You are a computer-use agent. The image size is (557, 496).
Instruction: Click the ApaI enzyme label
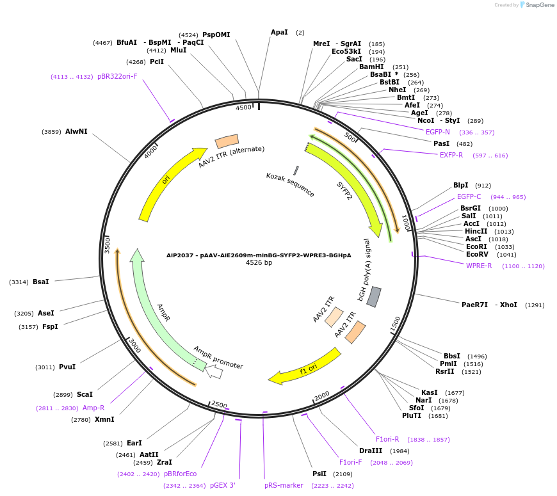[279, 32]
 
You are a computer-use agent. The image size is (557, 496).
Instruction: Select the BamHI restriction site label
[371, 67]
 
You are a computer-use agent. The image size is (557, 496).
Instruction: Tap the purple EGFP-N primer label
[438, 132]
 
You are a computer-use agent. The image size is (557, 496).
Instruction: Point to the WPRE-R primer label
[479, 266]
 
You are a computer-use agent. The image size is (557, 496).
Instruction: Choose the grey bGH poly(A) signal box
[374, 296]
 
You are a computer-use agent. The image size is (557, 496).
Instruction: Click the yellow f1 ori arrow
[305, 366]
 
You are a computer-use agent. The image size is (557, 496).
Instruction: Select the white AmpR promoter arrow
[214, 371]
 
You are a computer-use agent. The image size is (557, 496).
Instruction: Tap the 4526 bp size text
[259, 262]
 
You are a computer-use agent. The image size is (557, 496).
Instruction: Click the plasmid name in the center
[259, 255]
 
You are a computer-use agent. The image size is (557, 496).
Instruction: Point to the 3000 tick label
[134, 346]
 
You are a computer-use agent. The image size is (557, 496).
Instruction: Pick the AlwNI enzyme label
[76, 131]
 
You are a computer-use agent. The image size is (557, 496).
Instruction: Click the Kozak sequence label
[290, 184]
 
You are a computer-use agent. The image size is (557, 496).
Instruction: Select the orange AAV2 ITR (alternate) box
[227, 141]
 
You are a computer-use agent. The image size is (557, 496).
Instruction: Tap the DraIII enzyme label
[370, 451]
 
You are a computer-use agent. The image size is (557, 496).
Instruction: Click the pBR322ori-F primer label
[117, 76]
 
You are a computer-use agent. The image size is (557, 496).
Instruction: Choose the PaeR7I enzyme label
[474, 305]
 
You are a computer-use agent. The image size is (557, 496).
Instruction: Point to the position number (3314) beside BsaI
[19, 282]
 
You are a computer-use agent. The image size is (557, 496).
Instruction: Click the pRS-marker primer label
[284, 485]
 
